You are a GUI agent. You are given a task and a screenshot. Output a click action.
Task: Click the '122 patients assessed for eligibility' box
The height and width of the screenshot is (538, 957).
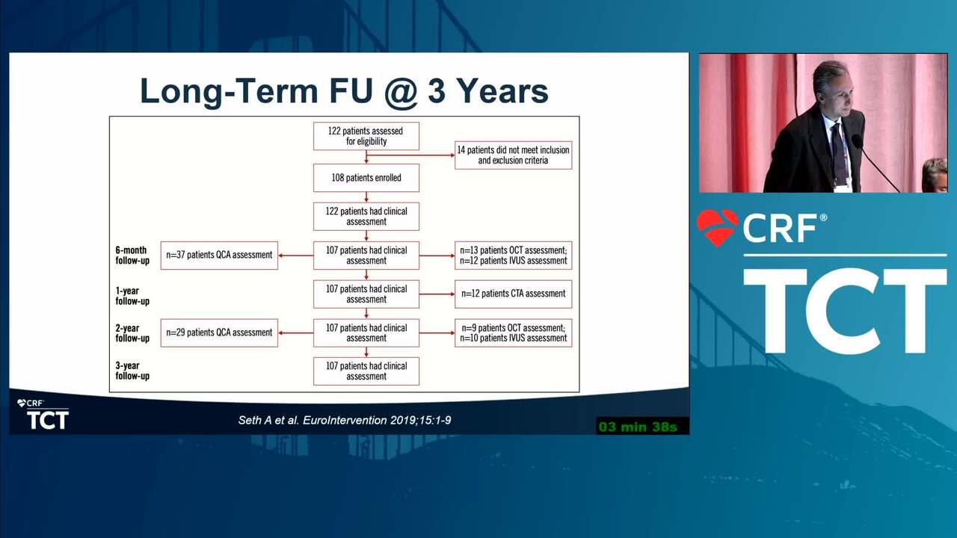[x=366, y=136]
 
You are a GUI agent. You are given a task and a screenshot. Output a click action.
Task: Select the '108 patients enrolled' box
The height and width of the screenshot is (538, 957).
[x=366, y=178]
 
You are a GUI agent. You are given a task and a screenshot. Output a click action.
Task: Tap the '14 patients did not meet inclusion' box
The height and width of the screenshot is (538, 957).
[x=513, y=155]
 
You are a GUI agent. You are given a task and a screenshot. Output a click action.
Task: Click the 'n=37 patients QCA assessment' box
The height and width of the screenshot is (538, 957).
[x=219, y=256]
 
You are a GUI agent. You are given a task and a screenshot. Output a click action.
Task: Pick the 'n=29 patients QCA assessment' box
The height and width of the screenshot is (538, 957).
[x=219, y=333]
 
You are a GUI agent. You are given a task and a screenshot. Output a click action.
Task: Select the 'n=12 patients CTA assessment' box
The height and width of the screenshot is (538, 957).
[x=513, y=294]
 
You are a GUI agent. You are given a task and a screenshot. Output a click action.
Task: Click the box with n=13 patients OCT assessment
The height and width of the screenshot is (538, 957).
[x=513, y=256]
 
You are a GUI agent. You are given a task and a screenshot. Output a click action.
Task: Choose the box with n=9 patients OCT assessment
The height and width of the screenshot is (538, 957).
[x=513, y=333]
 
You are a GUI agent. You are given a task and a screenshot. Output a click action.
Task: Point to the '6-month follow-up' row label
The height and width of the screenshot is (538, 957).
[x=132, y=256]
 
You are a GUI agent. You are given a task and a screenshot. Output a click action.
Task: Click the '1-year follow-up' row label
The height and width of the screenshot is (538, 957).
[x=132, y=296]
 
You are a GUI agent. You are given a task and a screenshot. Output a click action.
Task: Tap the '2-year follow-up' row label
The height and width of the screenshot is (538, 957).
[x=132, y=333]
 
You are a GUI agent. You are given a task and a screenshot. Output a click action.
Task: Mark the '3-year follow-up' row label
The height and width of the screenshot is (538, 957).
[x=132, y=371]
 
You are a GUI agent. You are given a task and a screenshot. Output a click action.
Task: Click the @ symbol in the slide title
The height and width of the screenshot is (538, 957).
[x=401, y=92]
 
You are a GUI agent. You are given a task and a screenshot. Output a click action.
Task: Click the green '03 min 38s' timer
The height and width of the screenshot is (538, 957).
[x=638, y=427]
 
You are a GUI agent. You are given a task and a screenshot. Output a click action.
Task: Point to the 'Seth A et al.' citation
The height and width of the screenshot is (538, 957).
[x=268, y=420]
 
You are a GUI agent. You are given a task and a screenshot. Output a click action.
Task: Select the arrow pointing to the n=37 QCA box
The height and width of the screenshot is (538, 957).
[x=295, y=256]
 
